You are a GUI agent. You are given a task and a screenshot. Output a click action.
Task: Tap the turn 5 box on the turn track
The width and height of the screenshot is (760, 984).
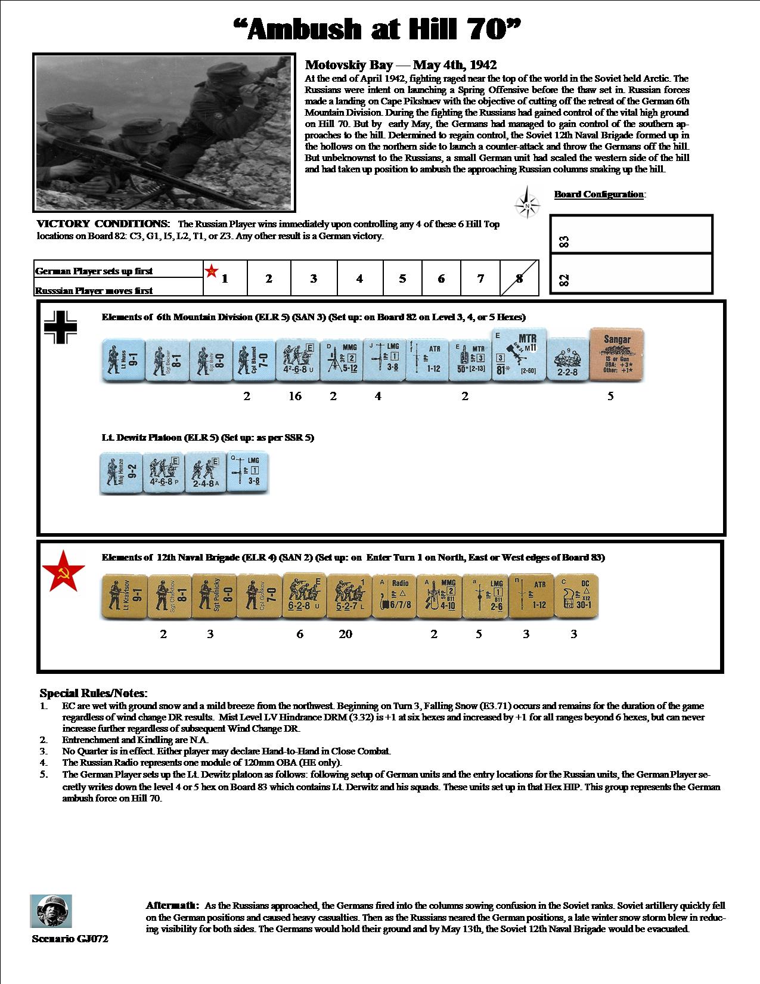(402, 278)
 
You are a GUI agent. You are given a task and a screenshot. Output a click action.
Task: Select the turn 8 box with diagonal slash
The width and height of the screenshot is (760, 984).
(519, 278)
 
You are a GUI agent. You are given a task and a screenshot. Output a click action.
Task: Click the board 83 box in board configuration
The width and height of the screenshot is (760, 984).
(631, 234)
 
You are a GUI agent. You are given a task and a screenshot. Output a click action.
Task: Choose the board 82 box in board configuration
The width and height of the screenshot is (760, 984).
(631, 274)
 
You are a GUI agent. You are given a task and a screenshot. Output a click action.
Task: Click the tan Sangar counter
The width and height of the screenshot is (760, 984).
(617, 355)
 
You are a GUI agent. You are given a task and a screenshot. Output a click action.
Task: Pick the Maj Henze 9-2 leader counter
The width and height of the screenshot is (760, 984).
(120, 474)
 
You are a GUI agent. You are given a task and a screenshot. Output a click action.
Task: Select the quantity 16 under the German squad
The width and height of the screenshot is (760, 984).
(295, 396)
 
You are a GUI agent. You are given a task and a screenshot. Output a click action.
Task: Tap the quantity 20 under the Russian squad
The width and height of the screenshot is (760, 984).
(346, 634)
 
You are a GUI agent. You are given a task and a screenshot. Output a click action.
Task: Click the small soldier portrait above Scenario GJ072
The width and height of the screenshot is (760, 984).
(51, 911)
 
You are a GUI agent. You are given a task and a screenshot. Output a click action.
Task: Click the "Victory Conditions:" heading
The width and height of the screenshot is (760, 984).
(103, 224)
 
